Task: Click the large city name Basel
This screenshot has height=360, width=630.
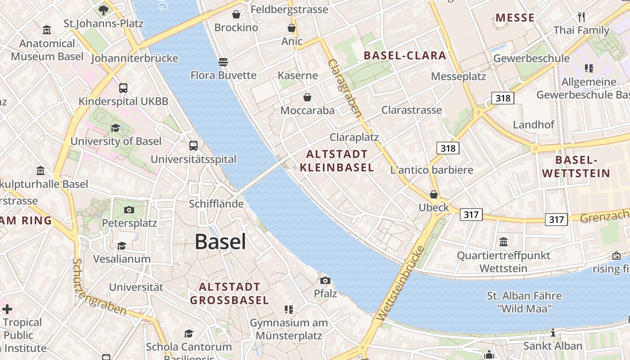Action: pyautogui.click(x=220, y=242)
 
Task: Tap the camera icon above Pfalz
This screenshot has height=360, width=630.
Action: pyautogui.click(x=325, y=280)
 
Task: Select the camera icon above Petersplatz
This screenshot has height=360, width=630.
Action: pyautogui.click(x=129, y=210)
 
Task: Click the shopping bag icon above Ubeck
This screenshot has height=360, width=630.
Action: pyautogui.click(x=434, y=194)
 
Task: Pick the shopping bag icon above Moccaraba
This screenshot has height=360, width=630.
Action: pyautogui.click(x=307, y=97)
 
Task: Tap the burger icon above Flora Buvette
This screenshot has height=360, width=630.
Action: pyautogui.click(x=223, y=62)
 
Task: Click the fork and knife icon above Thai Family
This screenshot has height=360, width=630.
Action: pyautogui.click(x=581, y=17)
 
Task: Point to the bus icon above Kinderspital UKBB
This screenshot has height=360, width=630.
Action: pyautogui.click(x=123, y=88)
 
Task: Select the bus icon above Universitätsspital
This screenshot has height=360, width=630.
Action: pyautogui.click(x=193, y=146)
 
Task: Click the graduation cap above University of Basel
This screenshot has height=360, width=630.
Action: pyautogui.click(x=116, y=128)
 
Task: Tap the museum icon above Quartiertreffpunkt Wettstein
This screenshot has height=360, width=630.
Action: pyautogui.click(x=504, y=242)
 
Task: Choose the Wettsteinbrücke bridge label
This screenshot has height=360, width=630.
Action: pyautogui.click(x=402, y=283)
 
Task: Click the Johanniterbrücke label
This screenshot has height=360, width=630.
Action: pyautogui.click(x=135, y=58)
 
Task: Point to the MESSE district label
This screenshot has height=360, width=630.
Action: pyautogui.click(x=515, y=18)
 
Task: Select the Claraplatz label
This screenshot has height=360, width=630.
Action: pyautogui.click(x=354, y=137)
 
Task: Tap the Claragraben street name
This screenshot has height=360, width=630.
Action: pyautogui.click(x=345, y=88)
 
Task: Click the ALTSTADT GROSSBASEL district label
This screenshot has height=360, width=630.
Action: pyautogui.click(x=229, y=293)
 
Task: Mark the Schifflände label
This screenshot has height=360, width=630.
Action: pyautogui.click(x=216, y=204)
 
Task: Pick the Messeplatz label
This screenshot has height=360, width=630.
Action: pyautogui.click(x=459, y=76)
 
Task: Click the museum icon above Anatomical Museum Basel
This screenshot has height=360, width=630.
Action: pyautogui.click(x=47, y=30)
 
